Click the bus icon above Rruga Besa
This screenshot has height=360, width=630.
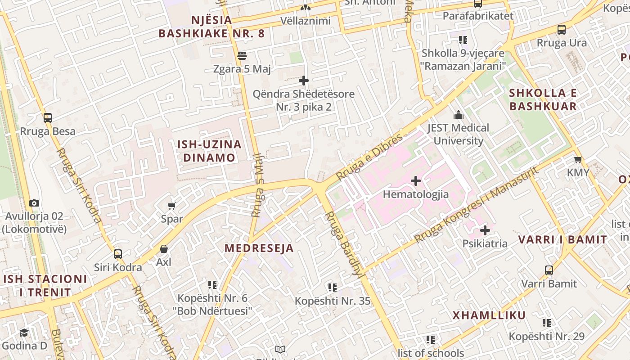point(48,118)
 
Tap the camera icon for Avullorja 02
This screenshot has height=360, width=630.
point(34,203)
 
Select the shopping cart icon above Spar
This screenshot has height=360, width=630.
point(171,206)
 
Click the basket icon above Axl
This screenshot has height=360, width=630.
point(164,249)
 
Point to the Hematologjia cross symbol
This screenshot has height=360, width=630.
point(416,181)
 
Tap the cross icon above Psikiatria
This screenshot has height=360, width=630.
point(485,231)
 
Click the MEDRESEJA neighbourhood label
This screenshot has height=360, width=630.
point(259,248)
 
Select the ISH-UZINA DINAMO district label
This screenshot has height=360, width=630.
point(209,151)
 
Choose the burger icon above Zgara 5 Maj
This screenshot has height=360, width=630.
point(242,56)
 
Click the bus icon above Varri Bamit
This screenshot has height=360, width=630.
point(549,270)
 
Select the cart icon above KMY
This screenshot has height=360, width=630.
point(578,159)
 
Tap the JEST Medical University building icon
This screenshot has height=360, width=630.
point(459,115)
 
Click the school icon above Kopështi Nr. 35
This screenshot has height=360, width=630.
point(333,287)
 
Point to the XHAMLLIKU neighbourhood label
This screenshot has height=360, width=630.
point(489,315)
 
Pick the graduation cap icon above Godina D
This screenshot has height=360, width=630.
point(24,333)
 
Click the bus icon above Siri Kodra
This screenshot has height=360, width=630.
point(118,254)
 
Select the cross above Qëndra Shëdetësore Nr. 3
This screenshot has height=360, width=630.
point(304,81)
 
